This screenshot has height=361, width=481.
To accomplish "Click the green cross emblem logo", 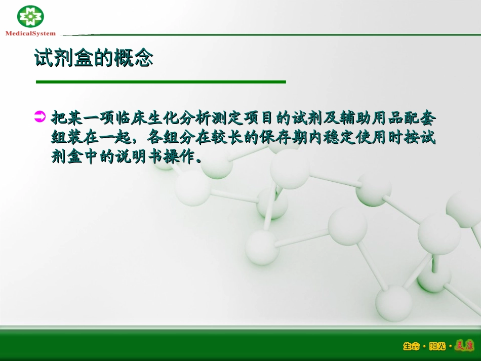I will coord(30,17).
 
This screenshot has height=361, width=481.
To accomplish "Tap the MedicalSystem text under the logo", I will coord(30,33).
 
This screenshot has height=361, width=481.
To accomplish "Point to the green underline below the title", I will coord(161,82).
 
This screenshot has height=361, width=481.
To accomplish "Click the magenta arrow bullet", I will coord(40,117).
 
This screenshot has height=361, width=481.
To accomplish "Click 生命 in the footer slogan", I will coord(411,346).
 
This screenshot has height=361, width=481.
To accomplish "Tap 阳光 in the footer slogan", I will coord(437,346).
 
